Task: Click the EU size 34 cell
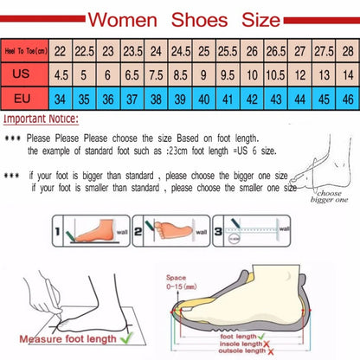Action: click(61, 98)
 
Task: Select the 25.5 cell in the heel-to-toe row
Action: click(226, 50)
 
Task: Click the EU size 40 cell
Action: click(202, 98)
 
